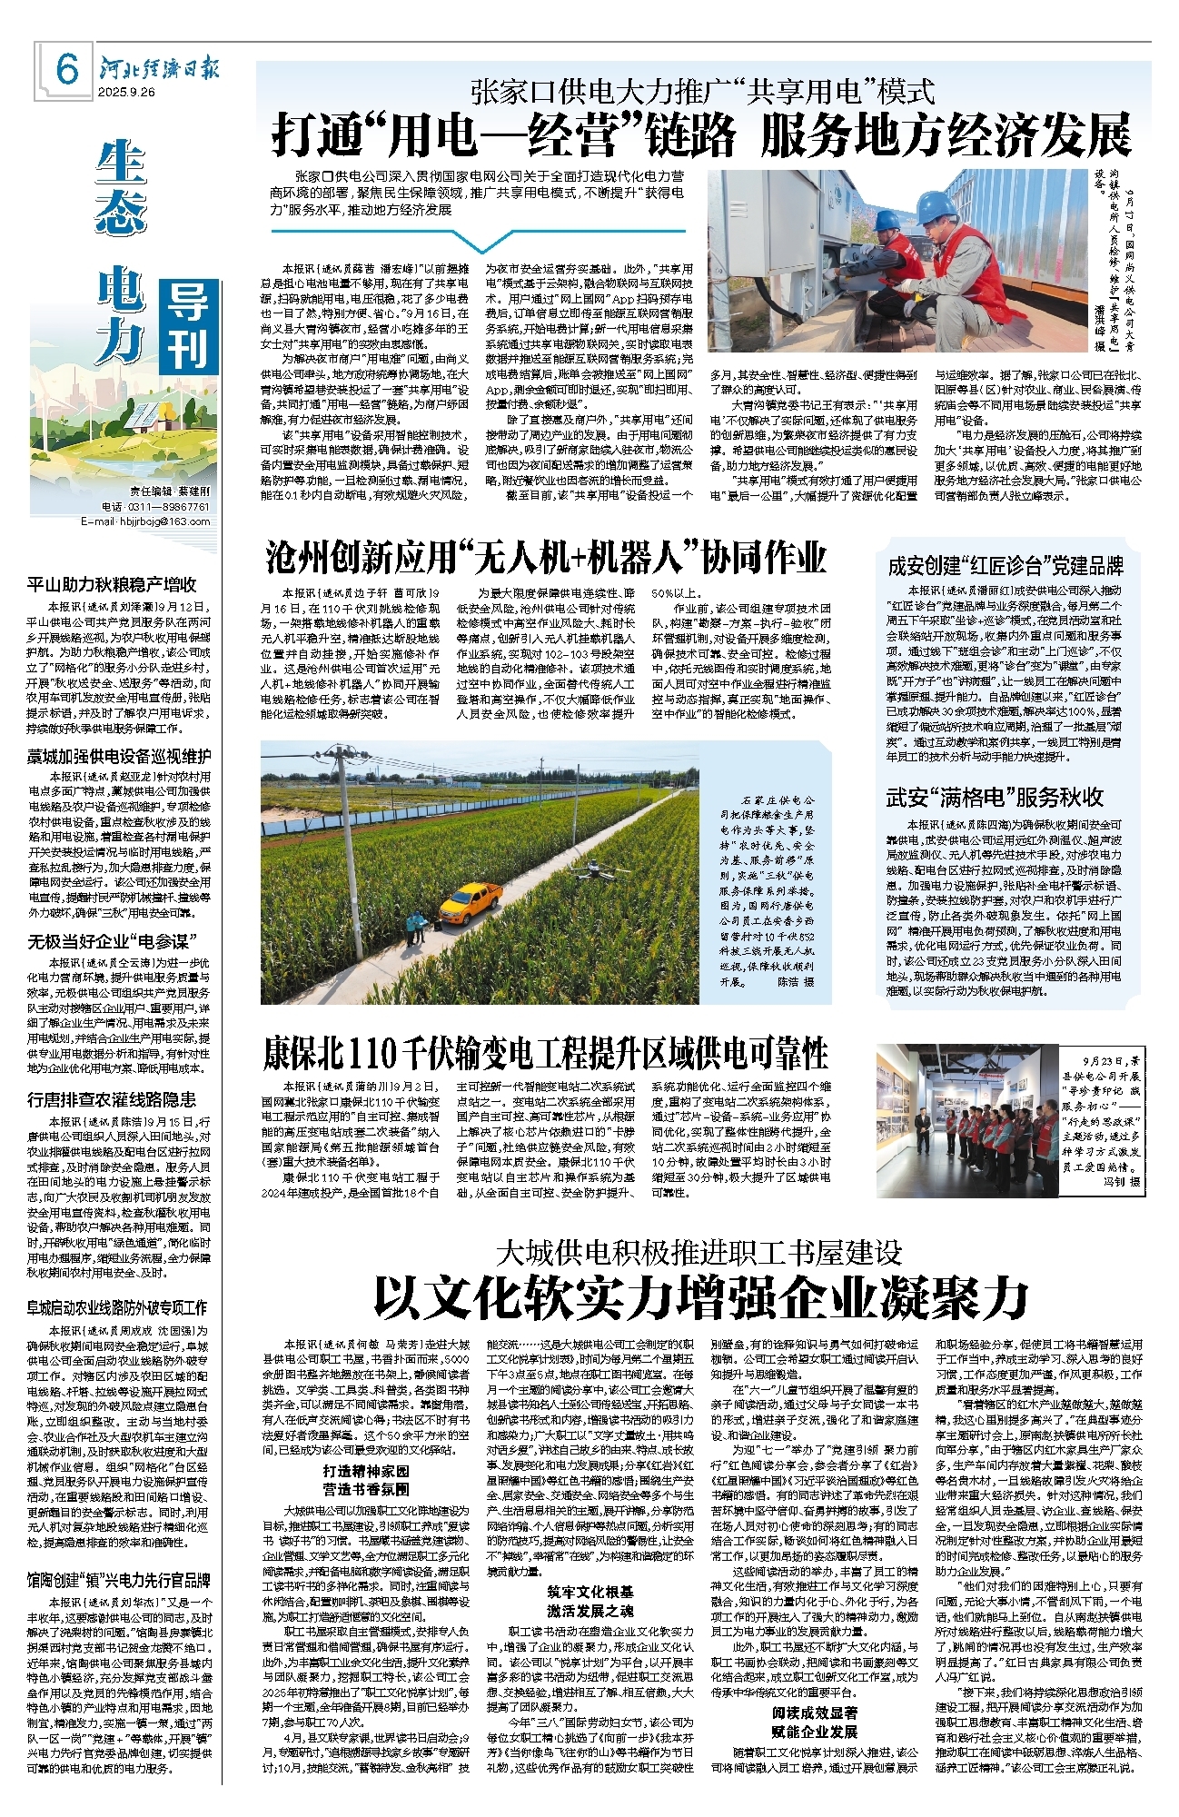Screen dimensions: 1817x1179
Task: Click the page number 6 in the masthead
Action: click(x=67, y=69)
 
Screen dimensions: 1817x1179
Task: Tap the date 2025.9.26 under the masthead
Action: click(x=127, y=92)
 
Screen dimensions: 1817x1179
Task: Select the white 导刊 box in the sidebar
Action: click(x=188, y=325)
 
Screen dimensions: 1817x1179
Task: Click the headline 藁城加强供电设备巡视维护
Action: click(x=119, y=756)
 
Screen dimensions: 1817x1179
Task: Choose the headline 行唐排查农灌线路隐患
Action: click(x=112, y=1099)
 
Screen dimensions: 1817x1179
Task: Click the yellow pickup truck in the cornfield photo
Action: click(x=471, y=899)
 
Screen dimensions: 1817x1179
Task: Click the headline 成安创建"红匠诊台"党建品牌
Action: click(x=1006, y=566)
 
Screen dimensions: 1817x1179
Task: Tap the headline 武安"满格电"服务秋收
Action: click(x=995, y=798)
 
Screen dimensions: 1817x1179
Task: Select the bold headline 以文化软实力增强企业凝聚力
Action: click(x=700, y=1297)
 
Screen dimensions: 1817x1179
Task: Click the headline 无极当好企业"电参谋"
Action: click(x=113, y=942)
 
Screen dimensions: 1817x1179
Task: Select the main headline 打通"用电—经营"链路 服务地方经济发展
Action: click(x=701, y=136)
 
